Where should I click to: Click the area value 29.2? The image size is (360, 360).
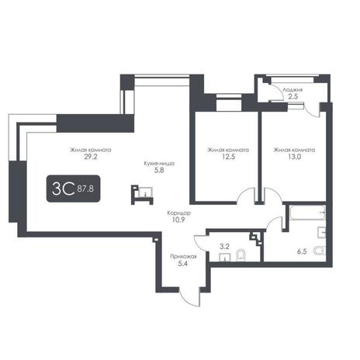[x=91, y=157]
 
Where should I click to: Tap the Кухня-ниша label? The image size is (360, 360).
[x=159, y=164]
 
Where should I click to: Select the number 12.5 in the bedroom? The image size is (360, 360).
[x=229, y=157]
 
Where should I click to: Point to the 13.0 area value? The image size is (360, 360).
[x=295, y=157]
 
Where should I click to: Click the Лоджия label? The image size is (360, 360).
[x=292, y=90]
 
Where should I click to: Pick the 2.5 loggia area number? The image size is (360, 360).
[x=293, y=97]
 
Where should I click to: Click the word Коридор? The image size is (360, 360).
[x=179, y=213]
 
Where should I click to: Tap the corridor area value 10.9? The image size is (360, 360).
[x=178, y=220]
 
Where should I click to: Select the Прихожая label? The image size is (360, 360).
[x=183, y=257]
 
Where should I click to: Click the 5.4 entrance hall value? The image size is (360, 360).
[x=183, y=264]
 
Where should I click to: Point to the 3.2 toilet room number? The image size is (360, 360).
[x=224, y=247]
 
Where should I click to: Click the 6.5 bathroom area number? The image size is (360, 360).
[x=302, y=251]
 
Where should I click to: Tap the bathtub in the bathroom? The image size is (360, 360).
[x=307, y=213]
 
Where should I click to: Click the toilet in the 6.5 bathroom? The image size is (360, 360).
[x=320, y=251]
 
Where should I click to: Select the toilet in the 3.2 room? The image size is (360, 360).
[x=241, y=255]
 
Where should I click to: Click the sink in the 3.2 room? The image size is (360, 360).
[x=225, y=258]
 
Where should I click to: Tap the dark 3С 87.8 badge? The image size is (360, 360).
[x=73, y=189]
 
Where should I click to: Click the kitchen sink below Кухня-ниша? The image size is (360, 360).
[x=145, y=192]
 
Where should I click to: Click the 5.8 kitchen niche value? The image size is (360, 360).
[x=159, y=170]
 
